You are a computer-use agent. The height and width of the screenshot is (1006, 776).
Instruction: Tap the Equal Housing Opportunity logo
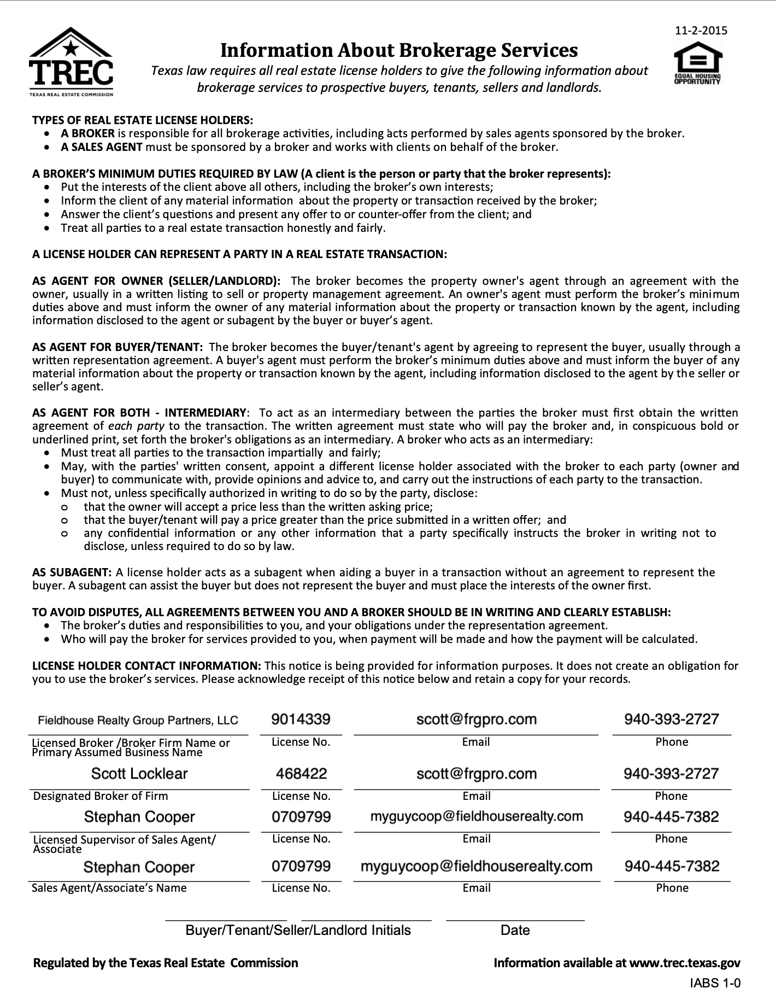click(x=698, y=63)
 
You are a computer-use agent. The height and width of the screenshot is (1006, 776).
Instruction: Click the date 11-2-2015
click(x=701, y=31)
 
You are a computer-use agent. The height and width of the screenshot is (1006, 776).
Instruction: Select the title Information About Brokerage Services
click(x=398, y=50)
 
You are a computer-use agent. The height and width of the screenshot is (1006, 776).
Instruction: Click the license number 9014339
click(x=301, y=719)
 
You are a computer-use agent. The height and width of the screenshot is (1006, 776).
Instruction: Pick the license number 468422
click(x=301, y=774)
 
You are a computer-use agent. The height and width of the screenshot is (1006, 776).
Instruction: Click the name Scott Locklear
click(x=139, y=774)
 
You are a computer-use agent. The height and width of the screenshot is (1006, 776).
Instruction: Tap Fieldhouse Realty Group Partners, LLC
click(x=138, y=720)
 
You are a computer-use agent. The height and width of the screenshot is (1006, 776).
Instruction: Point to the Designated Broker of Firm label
click(x=101, y=796)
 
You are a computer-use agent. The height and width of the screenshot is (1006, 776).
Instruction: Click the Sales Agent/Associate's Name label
click(x=109, y=888)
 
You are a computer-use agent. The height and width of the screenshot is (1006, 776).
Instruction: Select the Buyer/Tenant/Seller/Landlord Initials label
click(x=298, y=931)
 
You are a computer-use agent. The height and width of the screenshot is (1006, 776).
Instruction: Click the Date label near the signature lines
click(x=515, y=931)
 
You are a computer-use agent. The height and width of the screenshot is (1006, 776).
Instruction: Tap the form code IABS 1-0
click(x=715, y=983)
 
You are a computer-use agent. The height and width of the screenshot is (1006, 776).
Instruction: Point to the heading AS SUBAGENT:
click(x=72, y=572)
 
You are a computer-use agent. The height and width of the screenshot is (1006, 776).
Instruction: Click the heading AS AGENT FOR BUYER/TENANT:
click(x=117, y=347)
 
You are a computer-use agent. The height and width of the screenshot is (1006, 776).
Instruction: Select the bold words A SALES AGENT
click(x=102, y=147)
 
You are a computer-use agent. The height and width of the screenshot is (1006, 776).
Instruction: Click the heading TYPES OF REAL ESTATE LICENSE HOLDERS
click(x=143, y=120)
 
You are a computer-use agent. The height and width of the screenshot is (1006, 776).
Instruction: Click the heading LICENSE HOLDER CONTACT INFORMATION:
click(x=146, y=666)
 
